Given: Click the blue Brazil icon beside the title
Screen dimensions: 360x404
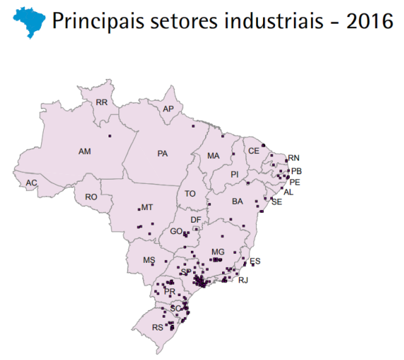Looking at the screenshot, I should [x=27, y=21].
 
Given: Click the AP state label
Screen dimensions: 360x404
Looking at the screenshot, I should [x=168, y=109].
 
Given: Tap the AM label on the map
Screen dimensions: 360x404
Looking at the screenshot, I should [x=85, y=151].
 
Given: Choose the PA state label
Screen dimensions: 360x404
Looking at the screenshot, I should [x=163, y=153].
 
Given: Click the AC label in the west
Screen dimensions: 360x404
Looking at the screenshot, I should [x=31, y=183].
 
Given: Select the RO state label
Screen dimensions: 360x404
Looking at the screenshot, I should [x=91, y=197].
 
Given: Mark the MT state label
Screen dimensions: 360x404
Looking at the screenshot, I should [x=147, y=208].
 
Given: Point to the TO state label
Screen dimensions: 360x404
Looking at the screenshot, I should [x=190, y=194].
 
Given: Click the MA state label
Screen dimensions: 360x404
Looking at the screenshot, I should [x=214, y=156].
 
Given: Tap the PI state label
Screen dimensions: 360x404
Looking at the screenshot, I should [x=235, y=174].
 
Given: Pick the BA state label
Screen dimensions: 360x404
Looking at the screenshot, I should [x=238, y=201].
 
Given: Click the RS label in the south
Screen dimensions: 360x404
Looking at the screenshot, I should [x=157, y=328].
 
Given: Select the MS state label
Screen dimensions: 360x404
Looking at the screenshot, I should [x=149, y=261].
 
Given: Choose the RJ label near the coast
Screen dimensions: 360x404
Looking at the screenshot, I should [x=244, y=280].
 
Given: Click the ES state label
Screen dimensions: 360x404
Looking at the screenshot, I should [x=255, y=261].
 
